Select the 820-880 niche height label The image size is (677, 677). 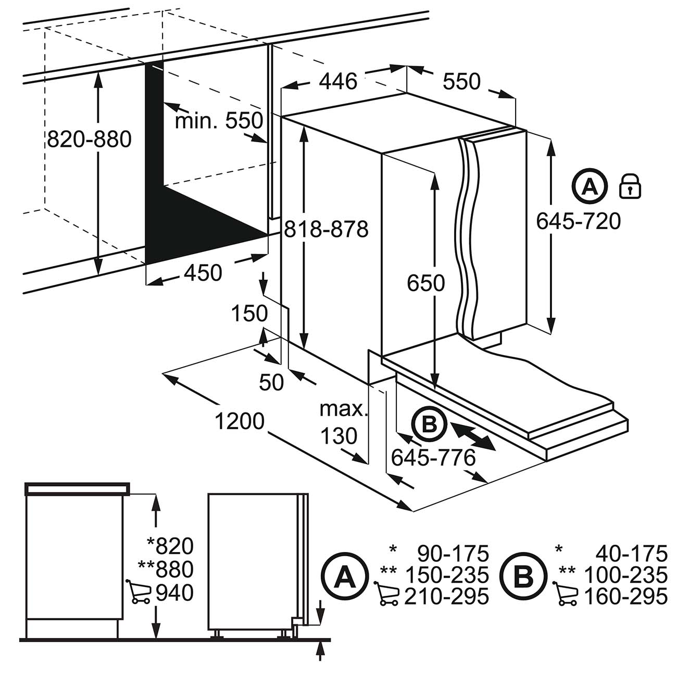[x=89, y=140]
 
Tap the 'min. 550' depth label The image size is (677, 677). [x=219, y=121]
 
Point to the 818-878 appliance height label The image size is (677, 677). [x=325, y=229]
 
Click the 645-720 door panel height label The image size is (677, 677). [x=579, y=222]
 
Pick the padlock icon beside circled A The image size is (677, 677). [x=630, y=186]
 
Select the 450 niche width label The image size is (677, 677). [x=203, y=272]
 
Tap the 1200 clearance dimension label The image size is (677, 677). [x=240, y=421]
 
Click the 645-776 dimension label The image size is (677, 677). [x=433, y=458]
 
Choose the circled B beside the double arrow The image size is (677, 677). [x=429, y=425]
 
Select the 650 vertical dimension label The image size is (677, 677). [x=425, y=283]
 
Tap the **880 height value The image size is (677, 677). [x=166, y=569]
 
